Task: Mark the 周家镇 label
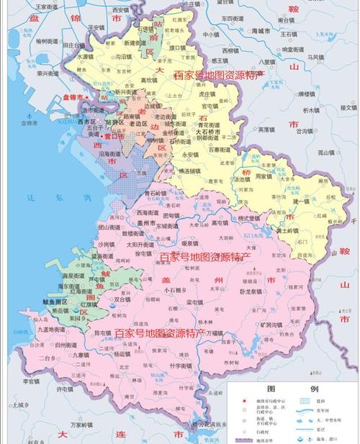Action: (264, 176)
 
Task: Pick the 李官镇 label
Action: (30, 381)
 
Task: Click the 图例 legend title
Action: (294, 389)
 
